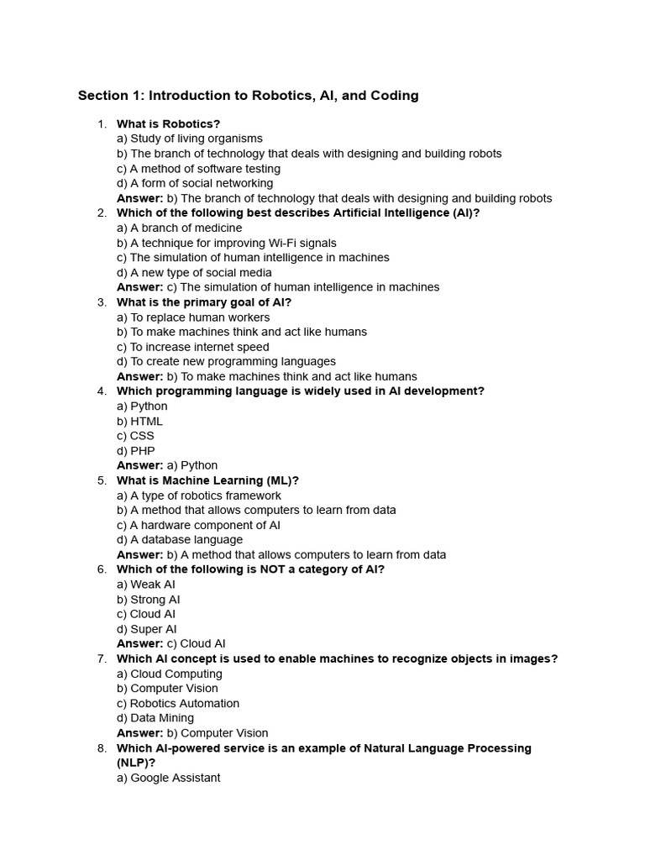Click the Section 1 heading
click(x=248, y=96)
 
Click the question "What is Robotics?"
click(x=168, y=124)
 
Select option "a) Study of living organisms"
click(x=190, y=139)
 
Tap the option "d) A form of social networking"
click(x=195, y=183)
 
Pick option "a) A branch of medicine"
click(x=179, y=228)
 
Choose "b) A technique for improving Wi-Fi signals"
click(x=227, y=243)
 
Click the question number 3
click(x=102, y=302)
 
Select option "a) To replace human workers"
click(x=193, y=317)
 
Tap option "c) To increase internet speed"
click(x=193, y=347)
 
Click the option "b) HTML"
click(x=140, y=421)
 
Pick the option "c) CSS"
click(x=135, y=436)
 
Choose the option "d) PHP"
click(x=136, y=451)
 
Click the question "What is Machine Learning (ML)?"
click(x=207, y=480)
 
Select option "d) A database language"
click(x=180, y=540)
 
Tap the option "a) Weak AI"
click(x=146, y=585)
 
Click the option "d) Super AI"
click(x=147, y=629)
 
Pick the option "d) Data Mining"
click(x=155, y=718)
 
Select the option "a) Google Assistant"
click(x=169, y=778)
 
